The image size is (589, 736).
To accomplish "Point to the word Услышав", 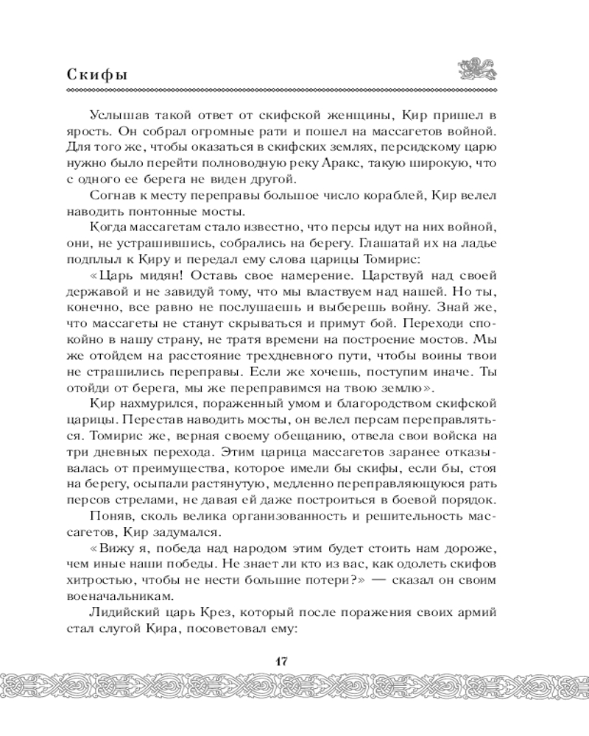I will pos(116,116).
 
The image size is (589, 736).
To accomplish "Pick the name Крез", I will pos(220,612).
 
